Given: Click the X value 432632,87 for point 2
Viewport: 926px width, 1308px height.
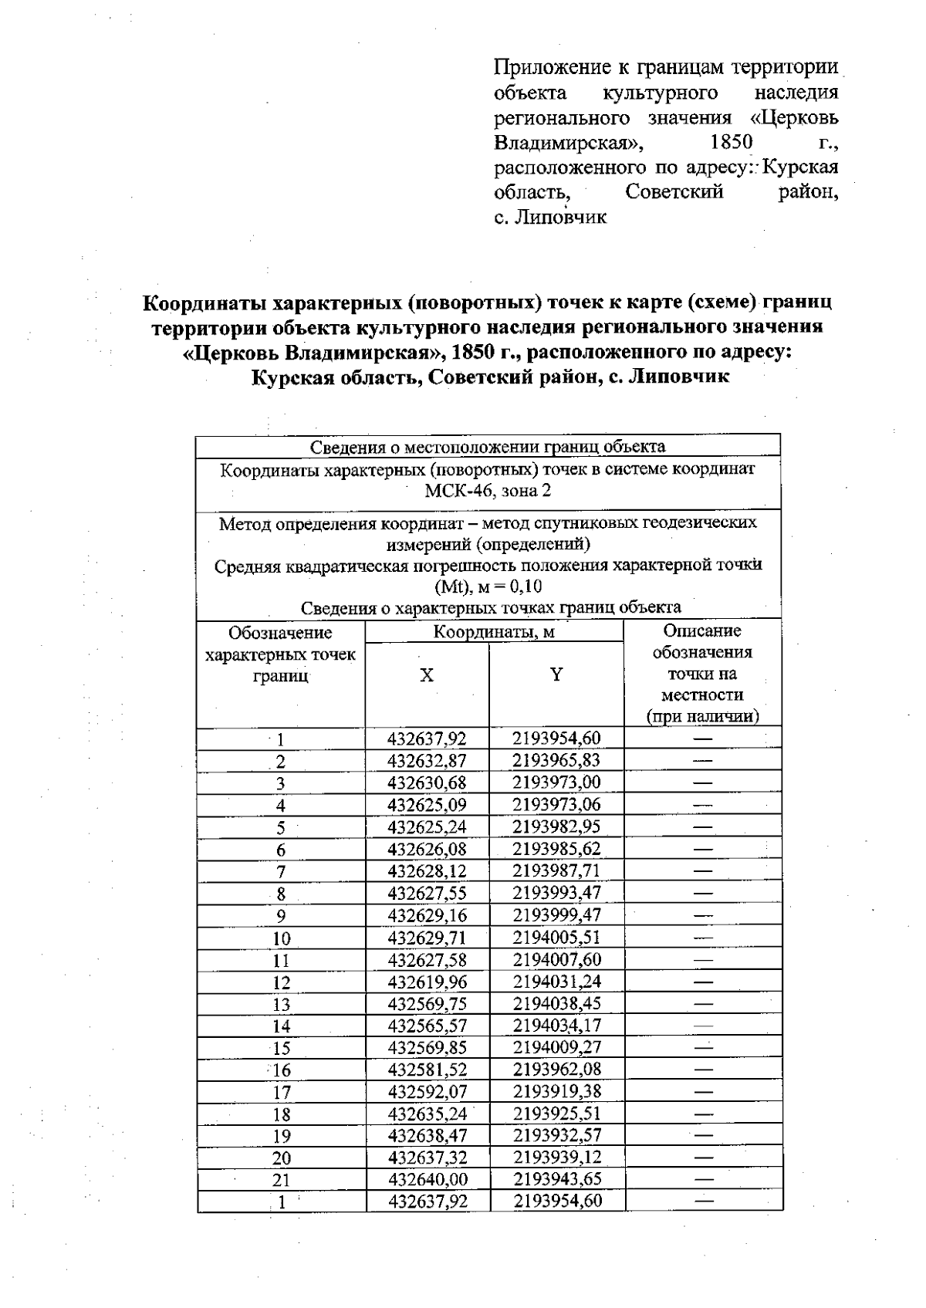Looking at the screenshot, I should pyautogui.click(x=427, y=761).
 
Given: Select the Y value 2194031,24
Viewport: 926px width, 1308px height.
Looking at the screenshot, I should pyautogui.click(x=556, y=982).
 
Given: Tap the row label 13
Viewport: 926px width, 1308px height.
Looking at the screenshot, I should pyautogui.click(x=281, y=1005).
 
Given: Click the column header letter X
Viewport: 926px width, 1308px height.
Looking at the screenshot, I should pyautogui.click(x=427, y=676).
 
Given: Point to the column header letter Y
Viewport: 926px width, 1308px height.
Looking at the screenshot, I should pyautogui.click(x=556, y=675).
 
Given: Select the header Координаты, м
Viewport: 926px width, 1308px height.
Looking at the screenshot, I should pyautogui.click(x=494, y=632).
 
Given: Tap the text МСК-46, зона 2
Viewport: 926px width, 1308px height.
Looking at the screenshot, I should pyautogui.click(x=488, y=491).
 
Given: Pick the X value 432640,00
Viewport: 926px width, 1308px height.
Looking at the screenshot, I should pyautogui.click(x=428, y=1179).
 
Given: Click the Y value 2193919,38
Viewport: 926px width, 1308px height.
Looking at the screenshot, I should pyautogui.click(x=556, y=1091).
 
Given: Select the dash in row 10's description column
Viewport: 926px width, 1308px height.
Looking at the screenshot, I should pyautogui.click(x=702, y=938).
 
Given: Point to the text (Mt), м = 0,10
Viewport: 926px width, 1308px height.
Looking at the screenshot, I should pyautogui.click(x=488, y=586).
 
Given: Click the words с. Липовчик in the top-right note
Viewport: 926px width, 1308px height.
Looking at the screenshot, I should pyautogui.click(x=550, y=218).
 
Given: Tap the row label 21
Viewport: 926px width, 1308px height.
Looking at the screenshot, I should pyautogui.click(x=281, y=1180).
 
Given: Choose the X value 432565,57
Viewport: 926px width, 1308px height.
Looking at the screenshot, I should pyautogui.click(x=427, y=1026).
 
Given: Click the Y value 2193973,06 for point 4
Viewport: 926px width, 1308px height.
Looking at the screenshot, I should pyautogui.click(x=556, y=805).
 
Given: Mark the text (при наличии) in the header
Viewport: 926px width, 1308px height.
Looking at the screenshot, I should pyautogui.click(x=702, y=716).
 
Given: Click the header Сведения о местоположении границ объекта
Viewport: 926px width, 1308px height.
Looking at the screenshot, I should pyautogui.click(x=488, y=447).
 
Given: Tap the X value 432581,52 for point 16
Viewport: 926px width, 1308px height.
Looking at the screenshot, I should pyautogui.click(x=427, y=1070).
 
